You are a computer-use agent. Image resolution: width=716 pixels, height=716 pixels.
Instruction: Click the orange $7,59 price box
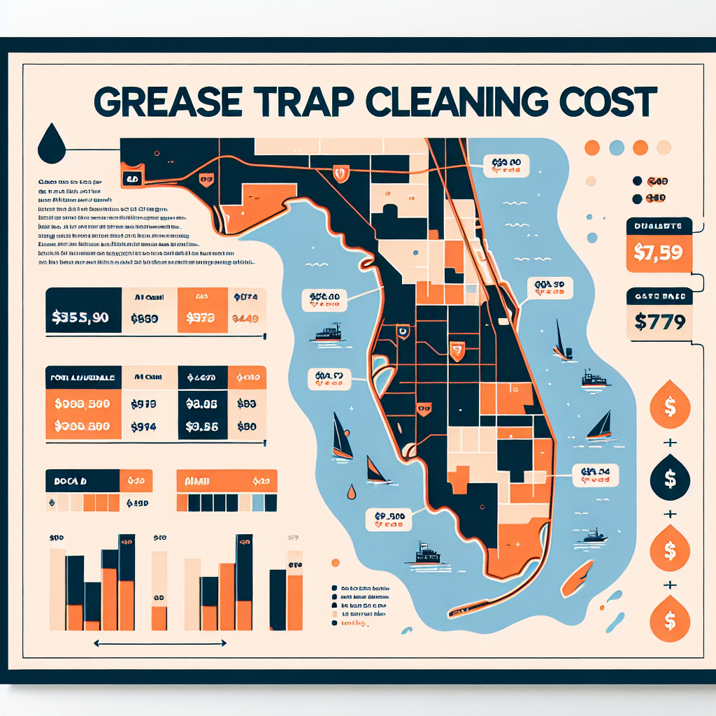pos(657,251)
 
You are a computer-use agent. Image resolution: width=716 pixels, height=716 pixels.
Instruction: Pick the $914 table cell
pos(143,427)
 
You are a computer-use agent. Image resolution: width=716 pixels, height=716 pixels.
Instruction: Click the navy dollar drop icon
pos(669,479)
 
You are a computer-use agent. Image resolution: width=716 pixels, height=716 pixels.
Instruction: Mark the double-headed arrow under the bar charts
pos(160,643)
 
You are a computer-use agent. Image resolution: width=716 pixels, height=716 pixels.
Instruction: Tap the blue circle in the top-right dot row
pos(617,148)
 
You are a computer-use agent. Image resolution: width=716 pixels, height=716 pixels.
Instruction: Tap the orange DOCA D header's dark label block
pos(82,481)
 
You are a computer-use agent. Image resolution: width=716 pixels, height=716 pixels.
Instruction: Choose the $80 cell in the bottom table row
pos(246,427)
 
